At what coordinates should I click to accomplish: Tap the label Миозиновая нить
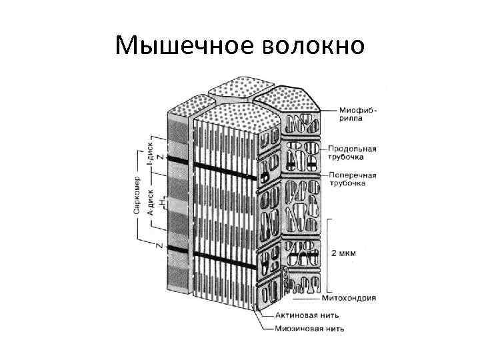coord(311,327)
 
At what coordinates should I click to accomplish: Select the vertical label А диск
coord(151,201)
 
